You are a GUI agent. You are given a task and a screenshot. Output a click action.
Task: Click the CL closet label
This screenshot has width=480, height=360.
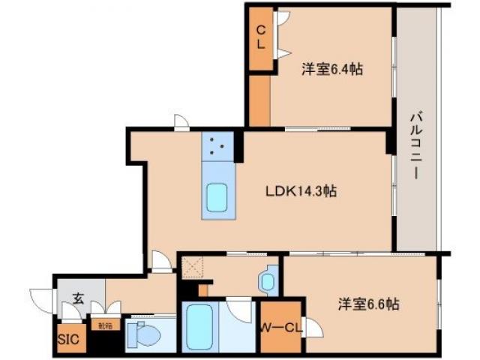point(260,37)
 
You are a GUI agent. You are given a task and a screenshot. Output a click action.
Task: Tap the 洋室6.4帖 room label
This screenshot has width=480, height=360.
point(332,70)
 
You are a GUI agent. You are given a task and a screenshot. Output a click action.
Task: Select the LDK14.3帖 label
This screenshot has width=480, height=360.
point(301,191)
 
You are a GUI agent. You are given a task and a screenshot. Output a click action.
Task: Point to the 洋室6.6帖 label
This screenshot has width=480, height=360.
point(367,304)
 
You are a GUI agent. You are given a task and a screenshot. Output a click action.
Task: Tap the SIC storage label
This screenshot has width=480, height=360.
point(67,338)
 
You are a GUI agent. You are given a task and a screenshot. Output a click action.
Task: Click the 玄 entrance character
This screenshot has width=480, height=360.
point(78,298)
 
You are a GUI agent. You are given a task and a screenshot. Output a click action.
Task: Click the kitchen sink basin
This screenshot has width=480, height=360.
point(218,199)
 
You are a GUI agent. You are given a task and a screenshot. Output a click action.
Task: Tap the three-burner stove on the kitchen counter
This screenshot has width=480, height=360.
point(218,145)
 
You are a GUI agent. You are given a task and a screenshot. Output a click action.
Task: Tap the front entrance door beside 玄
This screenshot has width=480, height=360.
point(41,297)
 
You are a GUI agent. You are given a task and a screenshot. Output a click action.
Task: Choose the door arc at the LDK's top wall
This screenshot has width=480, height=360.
point(181,122)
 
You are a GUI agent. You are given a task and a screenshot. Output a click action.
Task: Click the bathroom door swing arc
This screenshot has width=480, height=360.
point(240,309)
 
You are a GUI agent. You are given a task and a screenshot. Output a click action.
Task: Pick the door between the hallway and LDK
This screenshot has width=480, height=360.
point(160,261)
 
